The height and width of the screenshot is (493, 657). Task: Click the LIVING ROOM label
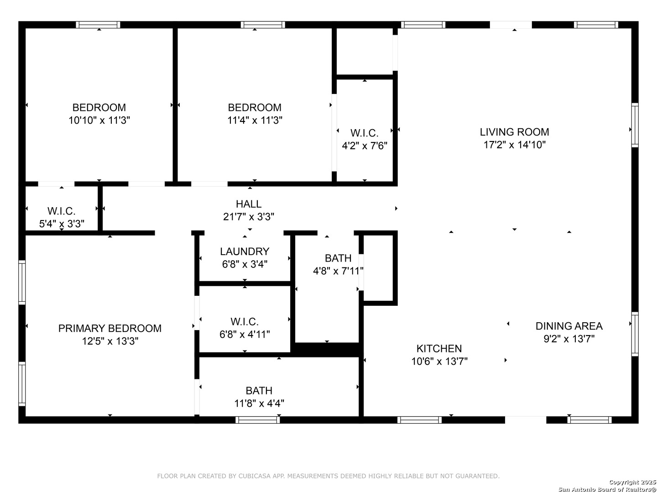click(514, 132)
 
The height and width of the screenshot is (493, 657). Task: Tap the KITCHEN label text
click(439, 348)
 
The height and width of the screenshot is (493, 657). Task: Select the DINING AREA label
click(568, 326)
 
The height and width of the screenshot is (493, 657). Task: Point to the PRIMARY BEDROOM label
click(110, 328)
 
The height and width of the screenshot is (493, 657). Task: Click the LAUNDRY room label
click(245, 252)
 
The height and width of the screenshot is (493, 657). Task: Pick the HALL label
click(249, 204)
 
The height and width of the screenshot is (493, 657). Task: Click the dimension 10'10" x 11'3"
click(99, 121)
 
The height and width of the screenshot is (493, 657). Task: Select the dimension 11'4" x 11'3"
click(255, 121)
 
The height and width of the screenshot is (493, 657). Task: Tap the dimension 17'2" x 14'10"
click(515, 145)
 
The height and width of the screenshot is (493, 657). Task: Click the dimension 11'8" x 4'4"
click(259, 404)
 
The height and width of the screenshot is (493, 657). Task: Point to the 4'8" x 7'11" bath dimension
click(338, 271)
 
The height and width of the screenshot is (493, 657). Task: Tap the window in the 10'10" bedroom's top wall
click(98, 25)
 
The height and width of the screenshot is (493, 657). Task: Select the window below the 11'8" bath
click(257, 420)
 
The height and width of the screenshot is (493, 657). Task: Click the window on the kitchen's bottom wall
click(419, 420)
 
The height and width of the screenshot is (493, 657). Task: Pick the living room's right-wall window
click(635, 125)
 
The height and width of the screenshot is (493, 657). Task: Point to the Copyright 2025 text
click(632, 482)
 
